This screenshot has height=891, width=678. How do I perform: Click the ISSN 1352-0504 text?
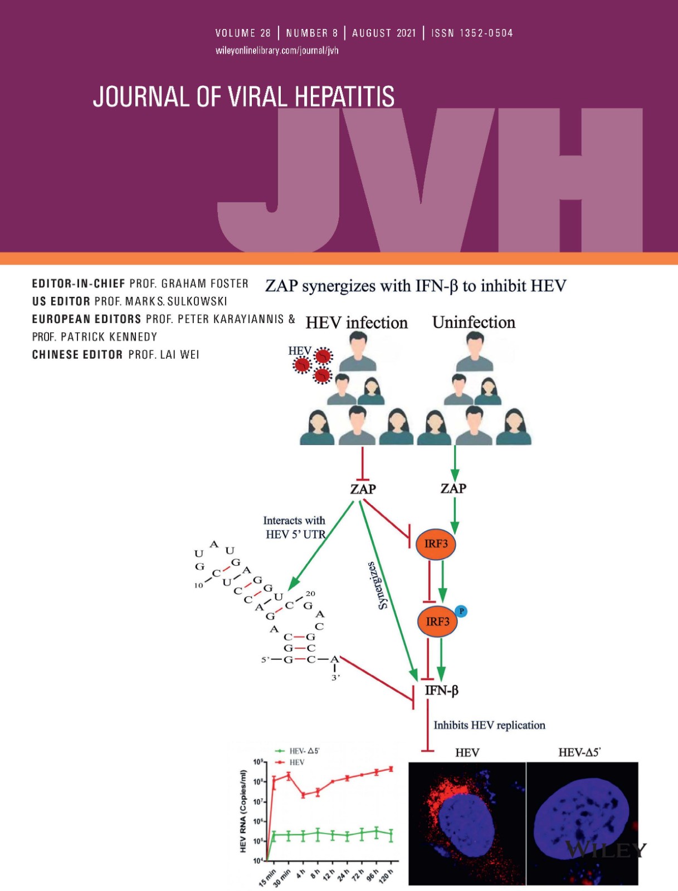click(472, 33)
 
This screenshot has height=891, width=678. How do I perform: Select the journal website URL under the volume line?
click(277, 51)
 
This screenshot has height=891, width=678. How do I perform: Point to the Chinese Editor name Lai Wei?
click(179, 355)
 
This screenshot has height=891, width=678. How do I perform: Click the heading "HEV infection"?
click(357, 323)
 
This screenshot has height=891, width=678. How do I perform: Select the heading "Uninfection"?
click(474, 322)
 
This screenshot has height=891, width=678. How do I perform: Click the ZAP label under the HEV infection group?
click(363, 489)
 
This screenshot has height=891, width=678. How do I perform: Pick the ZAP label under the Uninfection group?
click(453, 488)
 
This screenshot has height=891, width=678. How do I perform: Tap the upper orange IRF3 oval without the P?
click(436, 544)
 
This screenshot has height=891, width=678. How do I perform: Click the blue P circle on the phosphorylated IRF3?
click(461, 611)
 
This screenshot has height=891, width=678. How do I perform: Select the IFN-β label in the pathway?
click(441, 691)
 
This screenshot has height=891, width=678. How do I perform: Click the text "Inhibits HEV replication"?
click(489, 725)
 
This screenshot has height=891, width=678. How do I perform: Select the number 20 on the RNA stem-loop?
click(310, 594)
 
